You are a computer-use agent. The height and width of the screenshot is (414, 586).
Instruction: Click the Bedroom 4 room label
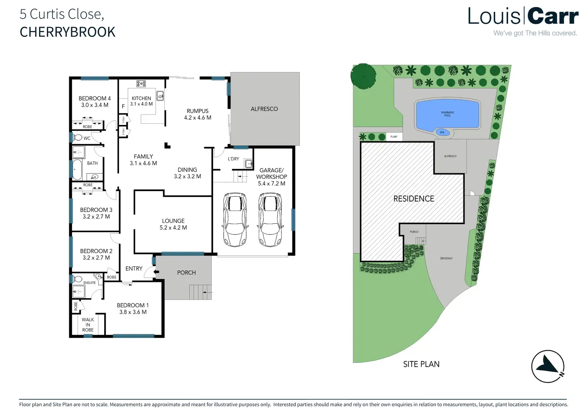click(x=95, y=102)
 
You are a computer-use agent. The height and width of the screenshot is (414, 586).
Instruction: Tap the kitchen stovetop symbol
click(x=141, y=84)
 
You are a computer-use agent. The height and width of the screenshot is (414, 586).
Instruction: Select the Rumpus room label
click(x=197, y=114)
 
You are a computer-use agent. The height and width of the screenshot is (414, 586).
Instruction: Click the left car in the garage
click(x=235, y=219)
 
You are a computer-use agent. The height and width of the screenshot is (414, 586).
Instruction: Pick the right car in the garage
click(x=270, y=219)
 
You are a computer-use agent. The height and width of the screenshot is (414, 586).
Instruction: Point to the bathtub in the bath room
click(x=76, y=170)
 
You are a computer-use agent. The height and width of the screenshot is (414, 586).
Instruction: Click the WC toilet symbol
click(x=78, y=138)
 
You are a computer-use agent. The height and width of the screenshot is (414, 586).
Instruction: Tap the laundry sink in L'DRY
click(x=249, y=163)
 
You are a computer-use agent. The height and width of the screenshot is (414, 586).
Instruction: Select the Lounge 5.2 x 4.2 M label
click(x=173, y=224)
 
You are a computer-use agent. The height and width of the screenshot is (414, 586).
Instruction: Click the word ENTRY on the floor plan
click(x=134, y=269)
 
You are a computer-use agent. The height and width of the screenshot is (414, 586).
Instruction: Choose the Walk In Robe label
click(x=88, y=325)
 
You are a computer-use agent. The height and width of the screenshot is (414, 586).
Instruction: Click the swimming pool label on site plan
click(x=447, y=114)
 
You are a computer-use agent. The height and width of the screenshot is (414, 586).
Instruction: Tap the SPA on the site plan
click(x=442, y=133)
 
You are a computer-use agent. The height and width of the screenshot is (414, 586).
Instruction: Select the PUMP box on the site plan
click(x=394, y=137)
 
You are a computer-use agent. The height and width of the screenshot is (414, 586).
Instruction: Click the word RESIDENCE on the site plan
click(x=414, y=199)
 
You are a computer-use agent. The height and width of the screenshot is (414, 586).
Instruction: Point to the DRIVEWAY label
click(x=446, y=258)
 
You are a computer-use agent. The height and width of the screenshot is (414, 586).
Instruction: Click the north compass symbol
click(x=548, y=366)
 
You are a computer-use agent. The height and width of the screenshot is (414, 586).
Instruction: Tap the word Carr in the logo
click(x=553, y=17)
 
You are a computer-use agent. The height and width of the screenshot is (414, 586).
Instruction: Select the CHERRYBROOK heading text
click(x=68, y=32)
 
